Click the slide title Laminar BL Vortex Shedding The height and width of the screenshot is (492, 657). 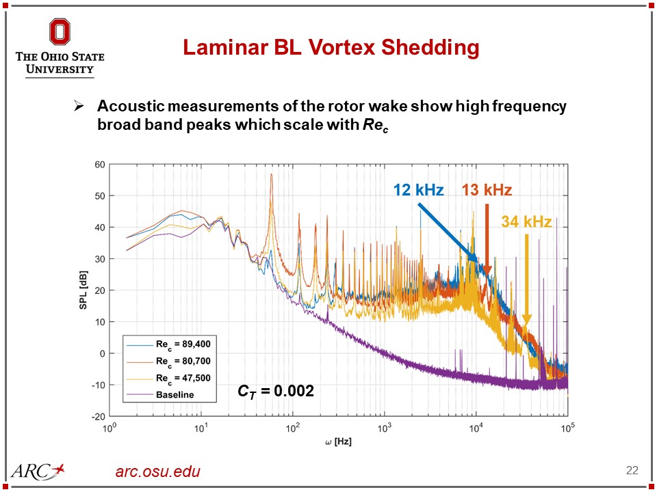click(331, 48)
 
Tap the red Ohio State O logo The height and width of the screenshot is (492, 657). click(60, 33)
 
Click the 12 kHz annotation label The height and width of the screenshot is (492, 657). click(417, 190)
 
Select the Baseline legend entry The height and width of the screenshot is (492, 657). click(175, 394)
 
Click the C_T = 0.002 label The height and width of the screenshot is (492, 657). click(276, 392)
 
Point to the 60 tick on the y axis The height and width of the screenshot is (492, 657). click(99, 165)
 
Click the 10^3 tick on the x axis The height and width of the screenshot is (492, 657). click(385, 428)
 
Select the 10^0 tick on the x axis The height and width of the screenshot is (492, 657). click(108, 428)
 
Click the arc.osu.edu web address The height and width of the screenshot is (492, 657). click(158, 471)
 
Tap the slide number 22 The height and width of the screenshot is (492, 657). click(632, 470)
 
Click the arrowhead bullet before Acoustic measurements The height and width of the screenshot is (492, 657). click(78, 107)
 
